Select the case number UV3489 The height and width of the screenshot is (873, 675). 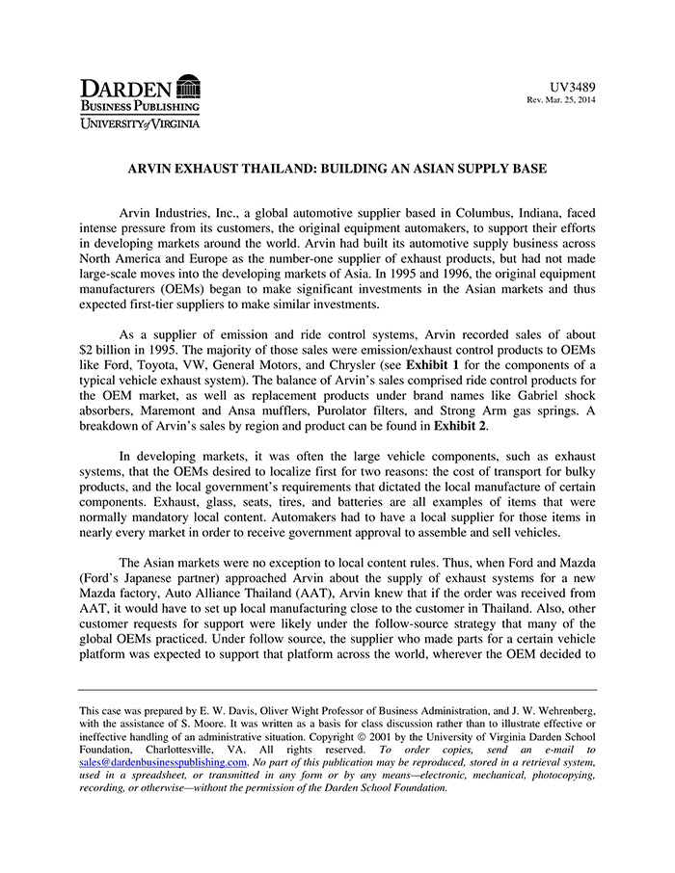pyautogui.click(x=573, y=87)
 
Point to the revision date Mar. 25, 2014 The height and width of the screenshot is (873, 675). pyautogui.click(x=569, y=100)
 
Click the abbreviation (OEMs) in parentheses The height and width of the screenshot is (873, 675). pyautogui.click(x=174, y=287)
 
